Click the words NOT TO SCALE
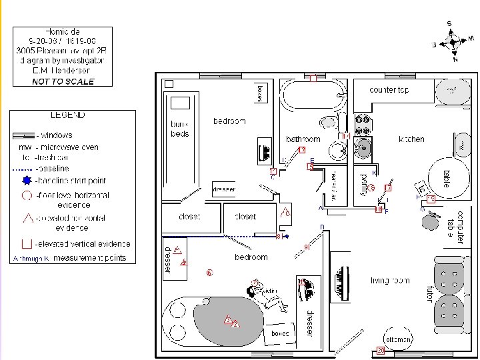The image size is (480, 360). (x=63, y=82)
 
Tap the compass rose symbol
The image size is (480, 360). (x=453, y=42)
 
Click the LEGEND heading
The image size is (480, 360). (x=68, y=115)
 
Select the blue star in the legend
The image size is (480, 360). (x=27, y=181)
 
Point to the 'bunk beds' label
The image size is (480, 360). (x=180, y=129)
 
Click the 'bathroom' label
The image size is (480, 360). (x=303, y=139)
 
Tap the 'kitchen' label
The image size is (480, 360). (x=411, y=139)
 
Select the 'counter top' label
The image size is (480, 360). (x=389, y=90)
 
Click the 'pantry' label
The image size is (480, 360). (x=364, y=184)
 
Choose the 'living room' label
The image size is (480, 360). (x=390, y=281)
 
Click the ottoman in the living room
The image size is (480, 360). (x=398, y=339)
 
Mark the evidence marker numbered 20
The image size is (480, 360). (x=381, y=350)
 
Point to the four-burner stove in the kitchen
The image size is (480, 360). (x=363, y=125)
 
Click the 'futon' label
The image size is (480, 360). (x=430, y=293)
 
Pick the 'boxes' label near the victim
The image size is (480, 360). (x=279, y=332)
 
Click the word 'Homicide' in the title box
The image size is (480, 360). (x=63, y=32)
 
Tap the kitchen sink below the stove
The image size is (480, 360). (x=363, y=148)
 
